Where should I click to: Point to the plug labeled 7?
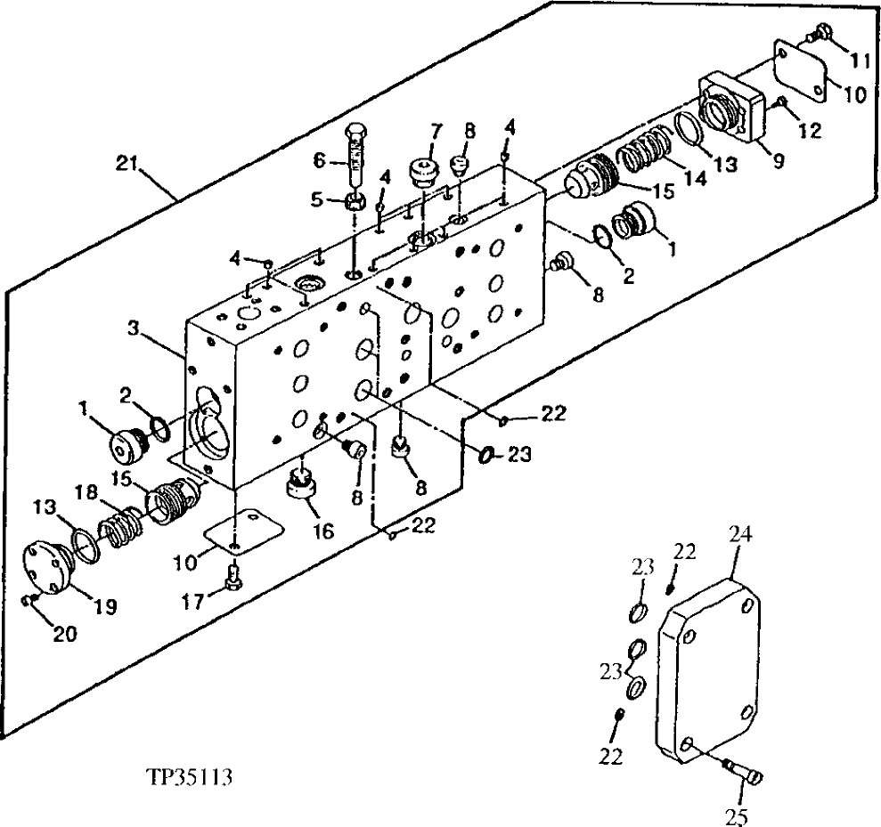tap(422, 171)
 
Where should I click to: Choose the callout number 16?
tap(322, 531)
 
